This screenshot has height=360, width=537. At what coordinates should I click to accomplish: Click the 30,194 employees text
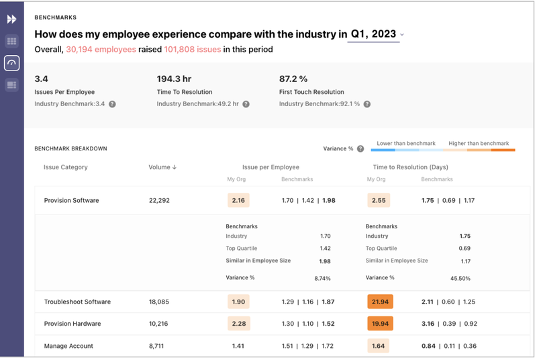[x=101, y=50]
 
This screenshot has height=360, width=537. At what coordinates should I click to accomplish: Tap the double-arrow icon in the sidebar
[x=11, y=19]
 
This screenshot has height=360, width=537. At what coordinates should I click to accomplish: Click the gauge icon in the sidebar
[x=11, y=63]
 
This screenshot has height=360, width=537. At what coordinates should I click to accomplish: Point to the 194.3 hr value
[x=175, y=79]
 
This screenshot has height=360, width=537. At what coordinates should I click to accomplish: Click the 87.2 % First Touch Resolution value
[x=293, y=79]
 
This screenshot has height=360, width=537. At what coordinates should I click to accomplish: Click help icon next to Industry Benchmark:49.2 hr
[x=246, y=104]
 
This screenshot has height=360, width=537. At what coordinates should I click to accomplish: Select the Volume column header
[x=162, y=167]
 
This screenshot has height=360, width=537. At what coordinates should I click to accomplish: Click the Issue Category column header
[x=66, y=167]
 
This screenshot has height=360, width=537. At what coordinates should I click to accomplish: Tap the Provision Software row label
[x=71, y=200]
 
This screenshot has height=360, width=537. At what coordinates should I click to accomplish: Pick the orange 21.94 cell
[x=379, y=302]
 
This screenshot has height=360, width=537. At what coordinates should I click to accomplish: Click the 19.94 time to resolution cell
[x=379, y=324]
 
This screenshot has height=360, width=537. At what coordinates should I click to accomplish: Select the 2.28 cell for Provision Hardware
[x=238, y=324]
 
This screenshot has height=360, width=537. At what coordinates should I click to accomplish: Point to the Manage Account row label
[x=68, y=346]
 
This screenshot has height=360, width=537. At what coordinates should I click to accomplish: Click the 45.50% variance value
[x=460, y=278]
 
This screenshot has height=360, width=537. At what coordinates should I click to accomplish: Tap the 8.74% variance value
[x=322, y=278]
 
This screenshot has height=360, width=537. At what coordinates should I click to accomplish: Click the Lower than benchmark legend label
[x=405, y=143]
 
